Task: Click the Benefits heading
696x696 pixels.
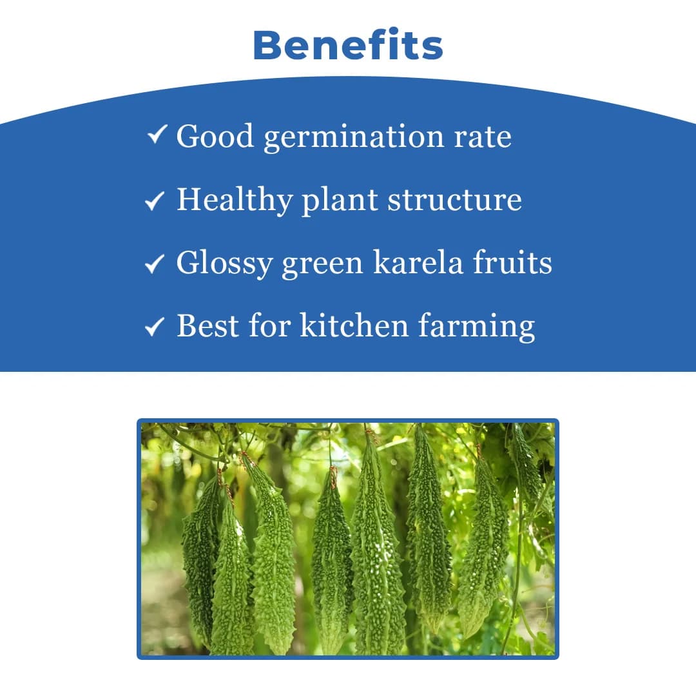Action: click(x=348, y=46)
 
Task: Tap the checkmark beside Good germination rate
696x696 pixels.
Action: click(x=157, y=135)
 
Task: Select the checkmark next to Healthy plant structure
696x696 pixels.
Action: click(x=155, y=202)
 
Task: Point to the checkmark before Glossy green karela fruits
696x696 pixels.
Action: click(x=155, y=264)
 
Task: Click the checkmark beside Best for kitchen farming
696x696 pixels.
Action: click(x=155, y=327)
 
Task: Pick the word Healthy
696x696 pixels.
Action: click(x=235, y=200)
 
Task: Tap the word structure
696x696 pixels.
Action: click(x=454, y=200)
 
